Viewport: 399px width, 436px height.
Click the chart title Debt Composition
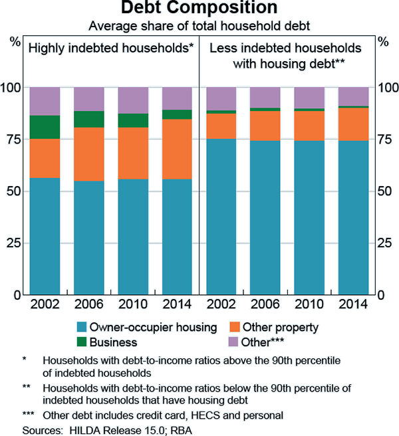[199, 9]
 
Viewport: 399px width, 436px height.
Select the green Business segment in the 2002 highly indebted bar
[45, 127]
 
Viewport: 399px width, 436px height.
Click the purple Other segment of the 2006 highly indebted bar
[88, 99]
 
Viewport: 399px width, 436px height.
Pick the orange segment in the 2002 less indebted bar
[221, 126]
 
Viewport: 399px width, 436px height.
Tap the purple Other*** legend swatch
[233, 342]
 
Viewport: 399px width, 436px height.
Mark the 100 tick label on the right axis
[386, 88]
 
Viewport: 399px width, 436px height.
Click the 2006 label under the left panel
[88, 305]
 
